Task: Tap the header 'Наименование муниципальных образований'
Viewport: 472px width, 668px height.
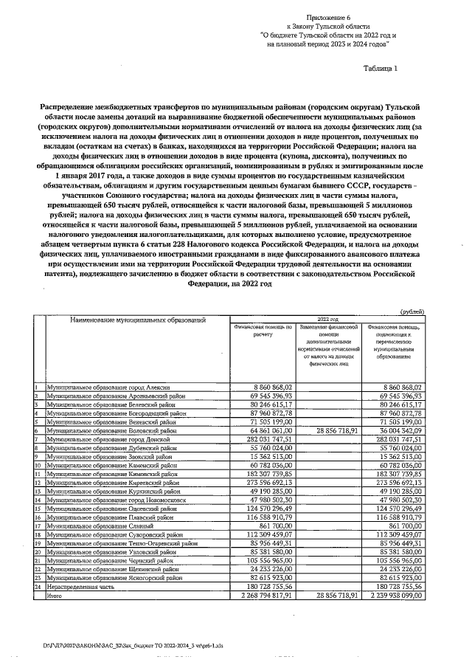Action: (x=138, y=320)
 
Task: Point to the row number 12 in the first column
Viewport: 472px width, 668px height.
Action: (x=37, y=480)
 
